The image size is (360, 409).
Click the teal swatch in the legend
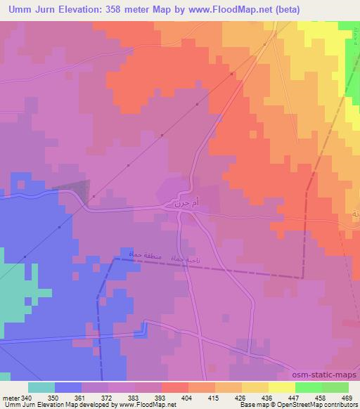41,387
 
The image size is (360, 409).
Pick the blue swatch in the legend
68,387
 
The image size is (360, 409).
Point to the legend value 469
346,397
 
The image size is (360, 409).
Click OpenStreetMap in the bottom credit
303,405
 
